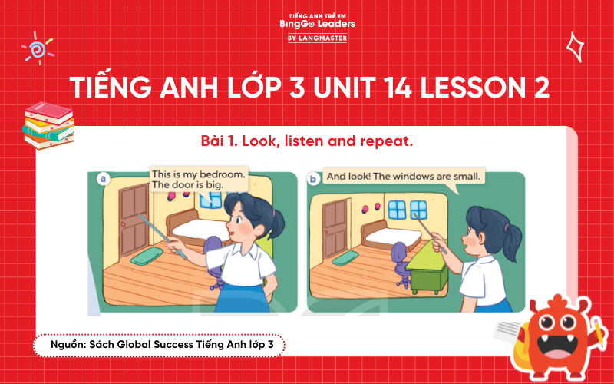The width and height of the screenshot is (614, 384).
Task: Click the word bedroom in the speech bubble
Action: pyautogui.click(x=222, y=174)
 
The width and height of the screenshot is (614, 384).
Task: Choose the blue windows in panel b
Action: pyautogui.click(x=408, y=209)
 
